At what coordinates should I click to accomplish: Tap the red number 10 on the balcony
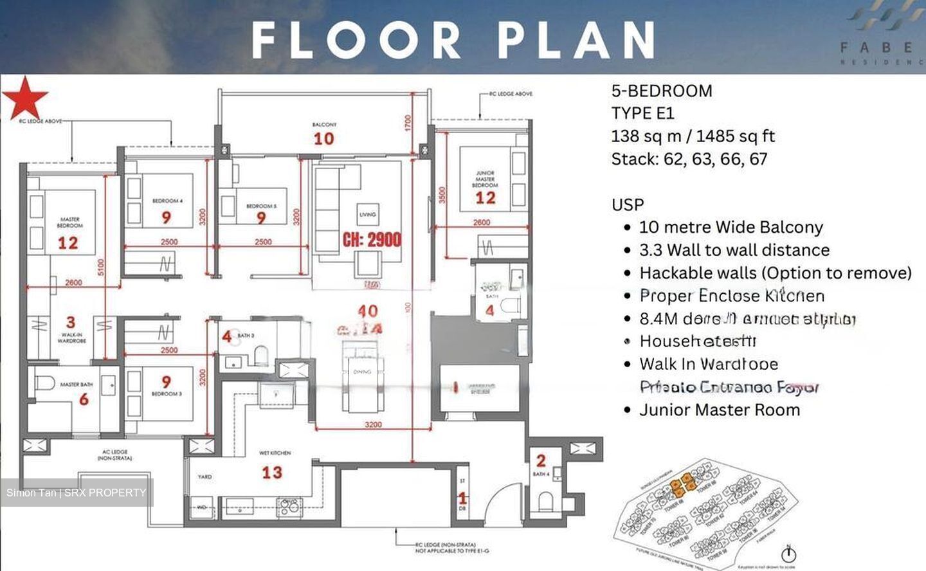(x=323, y=138)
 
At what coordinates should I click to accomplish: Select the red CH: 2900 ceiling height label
(x=372, y=240)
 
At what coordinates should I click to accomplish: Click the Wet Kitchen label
(x=275, y=453)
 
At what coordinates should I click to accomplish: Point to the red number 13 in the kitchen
(x=271, y=473)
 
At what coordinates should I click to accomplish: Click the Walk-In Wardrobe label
(x=71, y=338)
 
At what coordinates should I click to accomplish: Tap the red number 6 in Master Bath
(x=84, y=400)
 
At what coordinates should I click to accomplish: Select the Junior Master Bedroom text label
(x=485, y=179)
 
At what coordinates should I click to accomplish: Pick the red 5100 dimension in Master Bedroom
(x=101, y=267)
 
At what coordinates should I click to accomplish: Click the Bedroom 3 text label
(x=167, y=394)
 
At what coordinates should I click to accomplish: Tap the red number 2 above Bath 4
(x=541, y=460)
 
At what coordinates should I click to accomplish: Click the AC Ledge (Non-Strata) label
(x=114, y=455)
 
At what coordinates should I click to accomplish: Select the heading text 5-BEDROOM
(x=662, y=91)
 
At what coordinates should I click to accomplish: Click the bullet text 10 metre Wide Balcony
(x=731, y=227)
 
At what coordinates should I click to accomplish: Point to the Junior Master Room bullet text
(x=719, y=410)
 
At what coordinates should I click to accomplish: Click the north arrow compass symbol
(x=788, y=554)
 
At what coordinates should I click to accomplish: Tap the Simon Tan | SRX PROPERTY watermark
(x=77, y=493)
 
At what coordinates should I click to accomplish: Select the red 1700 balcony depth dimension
(x=408, y=123)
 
